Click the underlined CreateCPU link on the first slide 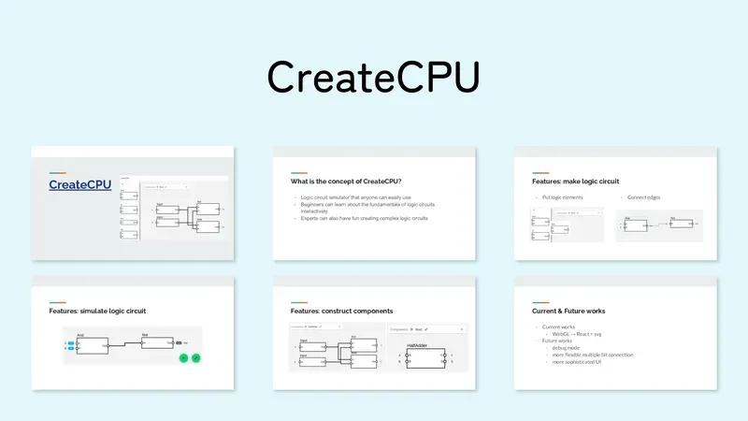click(x=79, y=185)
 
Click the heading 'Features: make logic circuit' click(x=575, y=181)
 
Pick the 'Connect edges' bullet click(x=645, y=198)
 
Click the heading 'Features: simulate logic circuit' click(x=97, y=310)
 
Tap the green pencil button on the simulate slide click(x=197, y=356)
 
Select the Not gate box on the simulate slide click(x=158, y=342)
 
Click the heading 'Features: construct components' click(x=341, y=310)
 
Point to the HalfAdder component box click(x=424, y=357)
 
